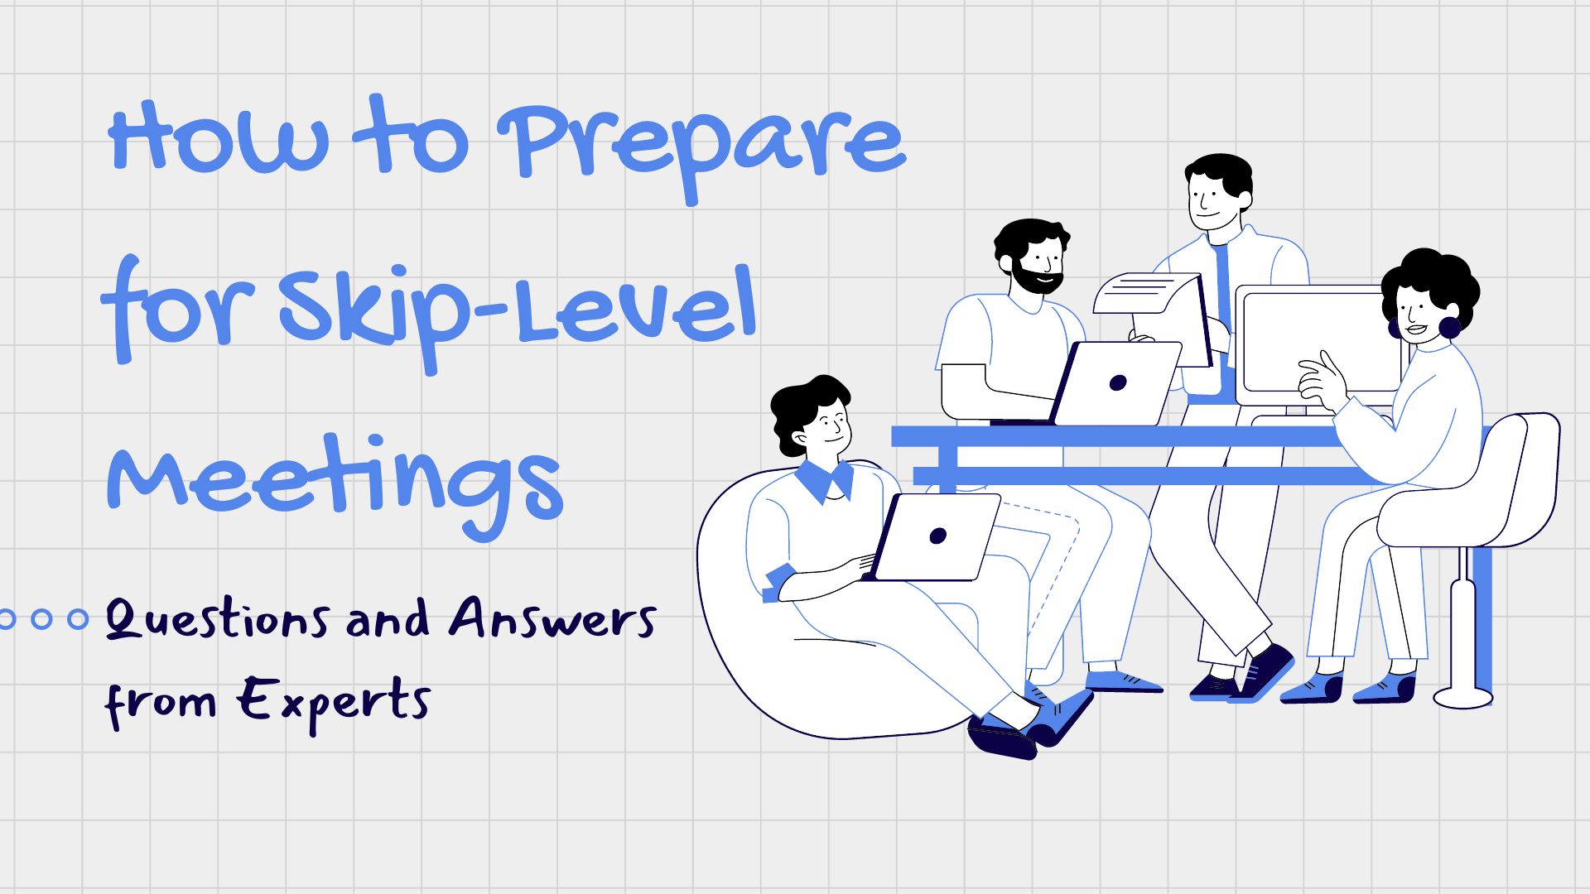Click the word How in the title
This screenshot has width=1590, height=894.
coord(219,137)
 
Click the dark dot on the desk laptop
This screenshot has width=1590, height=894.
coord(1118,382)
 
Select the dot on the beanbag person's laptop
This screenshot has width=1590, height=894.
coord(937,536)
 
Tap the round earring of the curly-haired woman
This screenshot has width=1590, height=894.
coord(1450,327)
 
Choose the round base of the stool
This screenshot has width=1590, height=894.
coord(1463,697)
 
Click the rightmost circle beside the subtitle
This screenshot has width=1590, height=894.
coord(78,618)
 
